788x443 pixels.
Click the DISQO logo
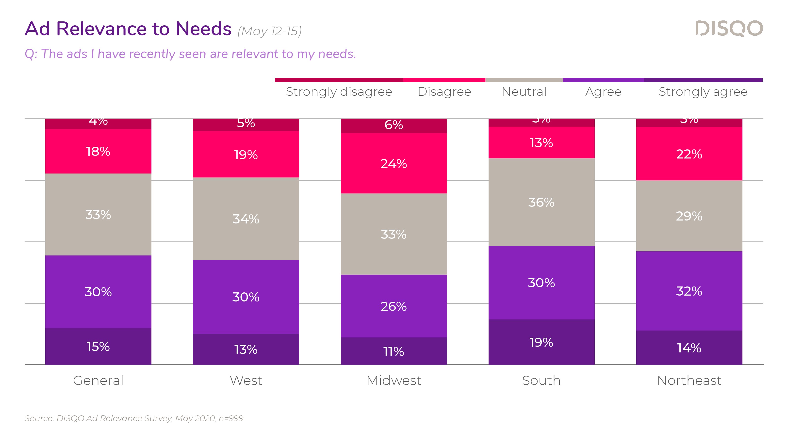click(729, 29)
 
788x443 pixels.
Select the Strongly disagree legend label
click(339, 92)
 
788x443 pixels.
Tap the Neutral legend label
click(524, 92)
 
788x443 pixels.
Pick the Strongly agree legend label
click(703, 92)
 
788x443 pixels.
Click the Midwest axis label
click(394, 381)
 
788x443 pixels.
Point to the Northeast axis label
click(689, 381)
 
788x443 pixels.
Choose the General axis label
click(98, 381)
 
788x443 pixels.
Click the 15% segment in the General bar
click(98, 346)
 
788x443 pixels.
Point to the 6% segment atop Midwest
click(394, 125)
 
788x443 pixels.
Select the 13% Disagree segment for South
click(542, 143)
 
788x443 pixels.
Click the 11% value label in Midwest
click(394, 352)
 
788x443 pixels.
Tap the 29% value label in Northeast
click(689, 216)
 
